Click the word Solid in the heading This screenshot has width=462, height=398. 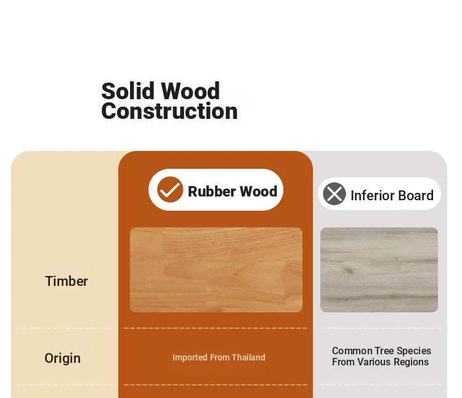128,91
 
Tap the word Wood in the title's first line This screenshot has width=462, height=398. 190,91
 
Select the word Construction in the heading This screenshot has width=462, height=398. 169,111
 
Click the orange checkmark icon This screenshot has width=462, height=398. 170,190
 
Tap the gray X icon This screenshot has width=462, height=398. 334,194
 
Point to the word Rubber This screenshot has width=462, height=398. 211,192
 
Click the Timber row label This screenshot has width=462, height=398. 67,281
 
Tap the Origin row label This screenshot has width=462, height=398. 62,359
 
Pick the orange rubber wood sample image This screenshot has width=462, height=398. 216,270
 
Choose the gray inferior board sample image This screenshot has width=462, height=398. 379,270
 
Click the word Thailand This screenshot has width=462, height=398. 248,357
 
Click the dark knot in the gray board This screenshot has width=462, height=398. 349,270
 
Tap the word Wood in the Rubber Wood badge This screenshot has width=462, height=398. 258,192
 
